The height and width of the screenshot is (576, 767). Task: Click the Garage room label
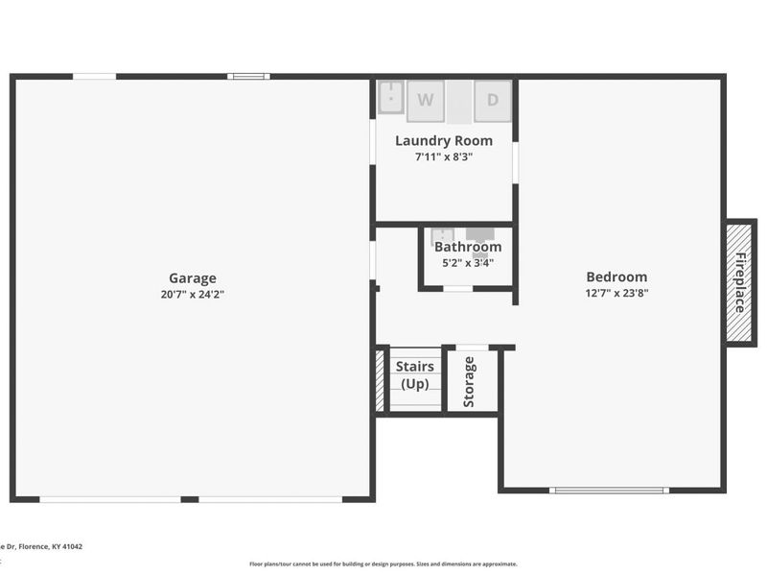(x=193, y=278)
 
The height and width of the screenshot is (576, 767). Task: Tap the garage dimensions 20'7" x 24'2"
(x=193, y=295)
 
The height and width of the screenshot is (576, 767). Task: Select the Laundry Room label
(x=444, y=141)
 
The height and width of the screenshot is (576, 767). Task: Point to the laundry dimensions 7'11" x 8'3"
(x=444, y=156)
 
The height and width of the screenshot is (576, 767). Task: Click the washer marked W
(x=426, y=100)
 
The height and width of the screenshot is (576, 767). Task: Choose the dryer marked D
(x=493, y=100)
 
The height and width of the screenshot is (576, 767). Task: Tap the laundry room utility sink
(x=390, y=98)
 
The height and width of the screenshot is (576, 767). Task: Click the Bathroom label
(x=468, y=247)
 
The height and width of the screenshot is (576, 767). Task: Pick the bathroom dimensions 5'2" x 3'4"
(x=468, y=262)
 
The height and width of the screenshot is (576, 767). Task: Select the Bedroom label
(x=616, y=277)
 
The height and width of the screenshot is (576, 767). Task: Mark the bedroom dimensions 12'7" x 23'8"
(x=616, y=294)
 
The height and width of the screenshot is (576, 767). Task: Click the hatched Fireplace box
(x=739, y=282)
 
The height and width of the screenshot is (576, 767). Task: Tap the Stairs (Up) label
(x=415, y=375)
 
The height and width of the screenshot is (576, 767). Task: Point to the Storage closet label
(x=470, y=381)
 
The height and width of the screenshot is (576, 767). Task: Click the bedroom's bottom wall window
(x=609, y=491)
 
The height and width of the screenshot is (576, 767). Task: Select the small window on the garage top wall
(x=248, y=77)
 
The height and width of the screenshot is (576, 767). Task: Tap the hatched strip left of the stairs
(x=380, y=380)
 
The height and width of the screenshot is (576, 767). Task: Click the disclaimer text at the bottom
(x=383, y=564)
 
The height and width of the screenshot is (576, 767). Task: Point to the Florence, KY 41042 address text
(x=42, y=546)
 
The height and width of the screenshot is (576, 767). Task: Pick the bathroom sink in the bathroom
(x=442, y=234)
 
